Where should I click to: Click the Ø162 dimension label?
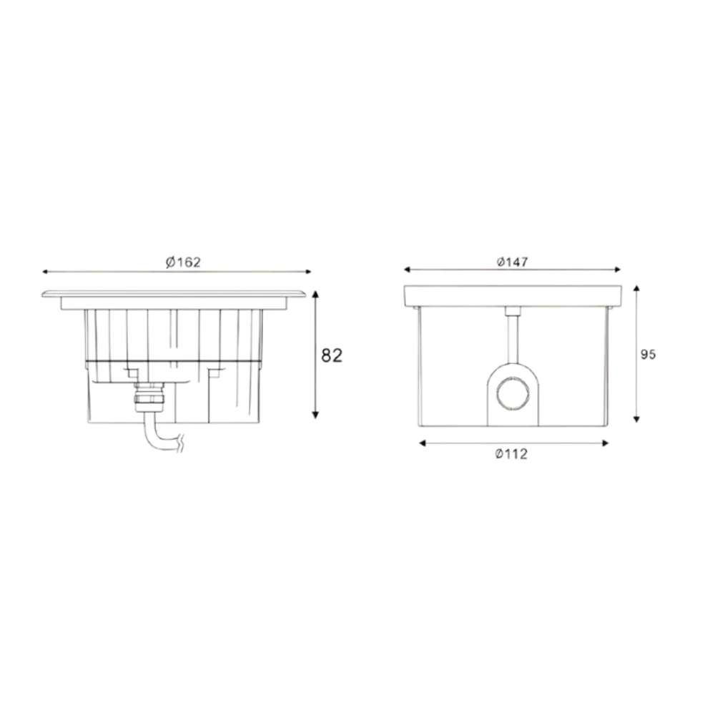pos(183,262)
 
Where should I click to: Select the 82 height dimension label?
pos(332,355)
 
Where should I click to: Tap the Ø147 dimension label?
pos(513,262)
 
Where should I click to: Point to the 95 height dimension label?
pos(648,355)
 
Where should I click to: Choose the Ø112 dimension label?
pos(512,454)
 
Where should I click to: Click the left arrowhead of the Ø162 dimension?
pos(45,272)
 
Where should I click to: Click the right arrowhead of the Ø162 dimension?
pos(308,272)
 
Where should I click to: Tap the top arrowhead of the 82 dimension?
pos(315,294)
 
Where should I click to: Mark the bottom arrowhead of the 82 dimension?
pos(315,415)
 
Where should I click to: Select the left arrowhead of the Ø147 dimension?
pos(408,270)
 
